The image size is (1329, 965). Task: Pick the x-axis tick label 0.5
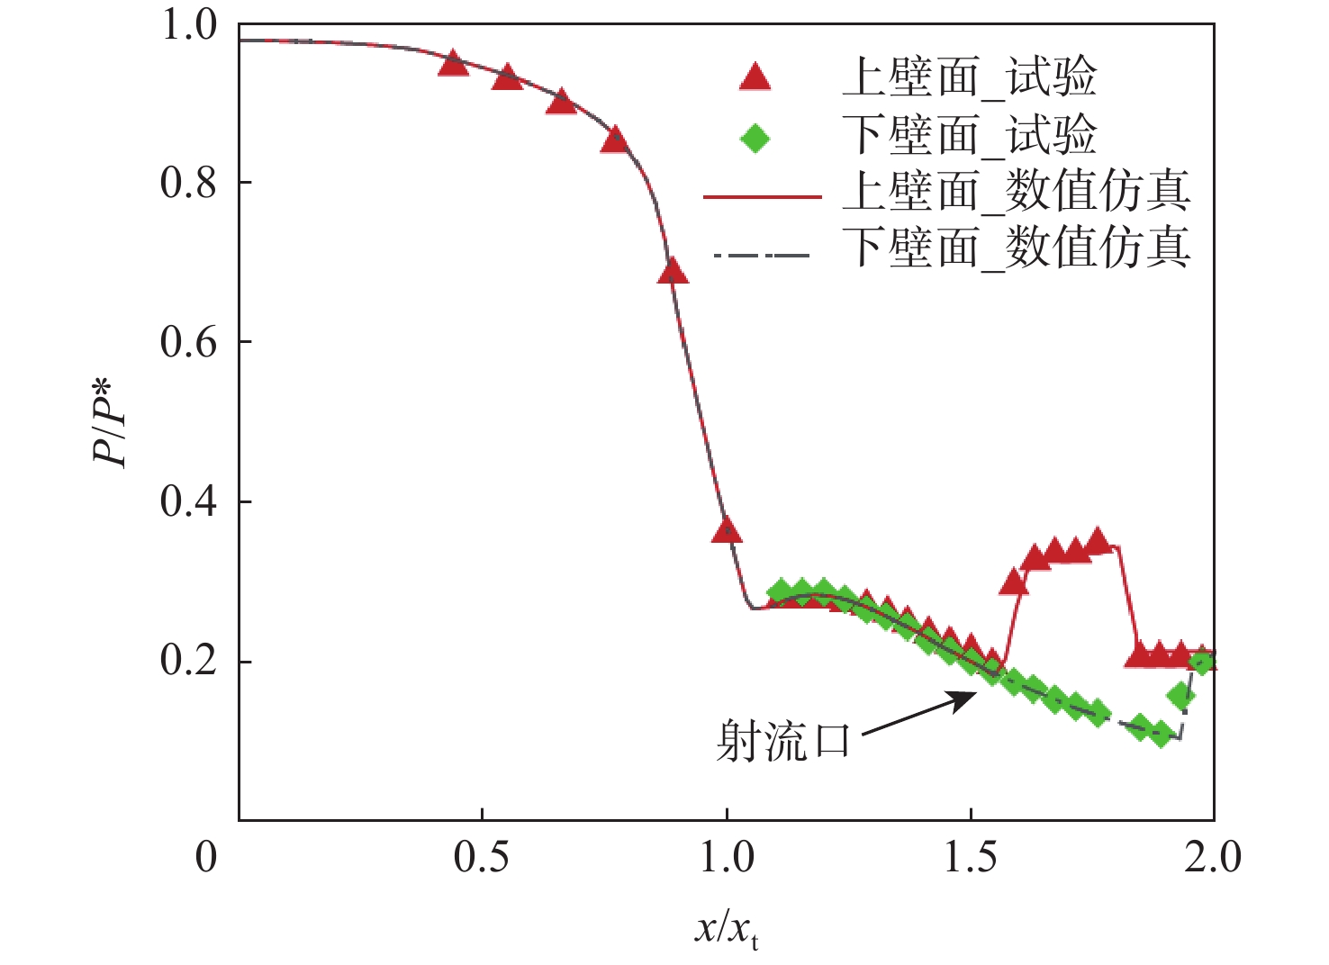click(x=481, y=857)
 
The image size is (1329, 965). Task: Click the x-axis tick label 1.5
click(x=970, y=857)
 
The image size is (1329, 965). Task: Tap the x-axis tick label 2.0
click(x=1212, y=857)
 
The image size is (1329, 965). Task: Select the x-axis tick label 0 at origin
click(x=206, y=857)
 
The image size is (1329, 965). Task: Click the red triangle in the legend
click(x=755, y=78)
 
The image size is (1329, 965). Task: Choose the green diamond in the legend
click(x=755, y=139)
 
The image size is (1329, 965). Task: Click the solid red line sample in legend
click(x=762, y=196)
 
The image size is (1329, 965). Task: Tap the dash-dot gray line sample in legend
click(x=762, y=256)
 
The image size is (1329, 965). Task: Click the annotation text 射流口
click(x=782, y=742)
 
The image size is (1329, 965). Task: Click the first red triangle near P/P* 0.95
click(x=453, y=64)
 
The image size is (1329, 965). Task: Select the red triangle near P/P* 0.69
click(x=673, y=271)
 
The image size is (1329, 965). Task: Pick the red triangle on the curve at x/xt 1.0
click(x=727, y=531)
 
